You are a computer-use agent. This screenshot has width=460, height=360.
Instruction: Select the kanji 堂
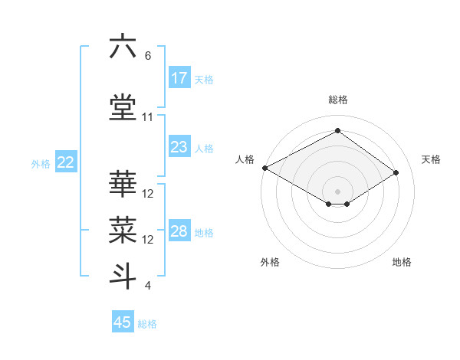point(123,107)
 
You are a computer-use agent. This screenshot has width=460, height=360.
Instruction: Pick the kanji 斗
point(123,276)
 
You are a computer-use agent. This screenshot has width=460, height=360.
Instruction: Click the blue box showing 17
point(179,78)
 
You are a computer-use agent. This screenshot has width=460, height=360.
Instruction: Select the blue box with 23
point(179,147)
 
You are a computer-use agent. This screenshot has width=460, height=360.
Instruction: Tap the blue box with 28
point(179,232)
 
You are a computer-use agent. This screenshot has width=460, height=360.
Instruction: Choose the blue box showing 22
point(66,162)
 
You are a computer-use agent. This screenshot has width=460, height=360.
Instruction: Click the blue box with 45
point(123,322)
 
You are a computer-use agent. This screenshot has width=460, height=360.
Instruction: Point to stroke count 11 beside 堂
point(148,117)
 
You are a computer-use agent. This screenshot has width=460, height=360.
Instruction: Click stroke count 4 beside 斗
point(148,286)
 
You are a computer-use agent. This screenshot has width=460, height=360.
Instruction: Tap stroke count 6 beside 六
point(148,56)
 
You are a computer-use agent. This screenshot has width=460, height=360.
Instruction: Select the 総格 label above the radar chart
point(337,100)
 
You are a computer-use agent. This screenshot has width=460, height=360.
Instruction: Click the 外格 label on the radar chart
point(270,263)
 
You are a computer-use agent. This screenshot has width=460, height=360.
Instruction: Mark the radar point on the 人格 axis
point(264,168)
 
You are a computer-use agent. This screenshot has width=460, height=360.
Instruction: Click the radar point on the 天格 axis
point(396,173)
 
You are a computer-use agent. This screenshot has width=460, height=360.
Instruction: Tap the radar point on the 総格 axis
point(337,131)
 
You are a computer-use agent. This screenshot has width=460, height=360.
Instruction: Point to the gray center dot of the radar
point(337,190)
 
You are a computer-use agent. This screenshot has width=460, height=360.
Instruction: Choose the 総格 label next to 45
point(147,324)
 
